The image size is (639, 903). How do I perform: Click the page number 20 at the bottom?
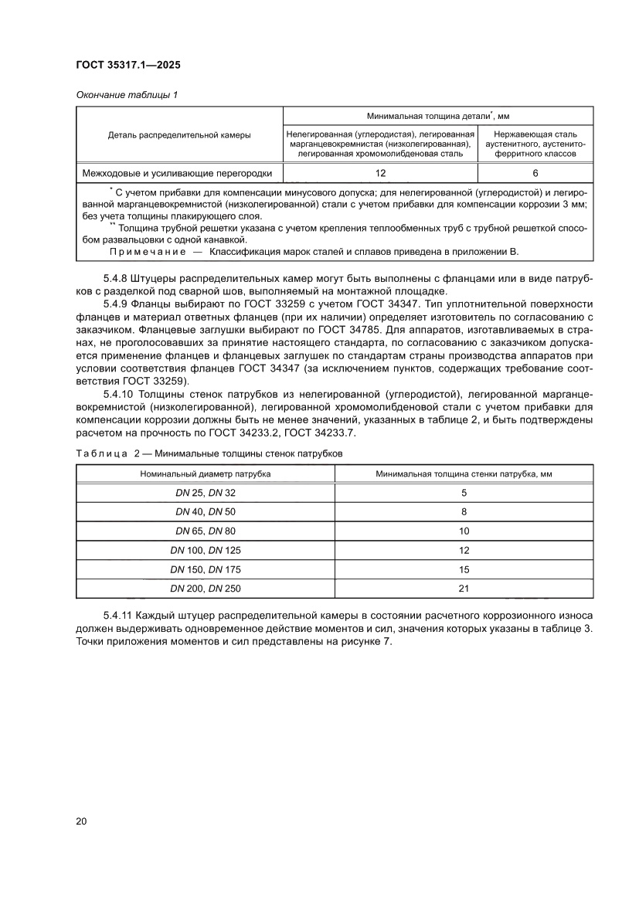pyautogui.click(x=81, y=820)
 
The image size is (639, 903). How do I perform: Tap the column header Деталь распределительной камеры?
pyautogui.click(x=179, y=134)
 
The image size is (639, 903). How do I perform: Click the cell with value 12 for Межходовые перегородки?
pyautogui.click(x=379, y=173)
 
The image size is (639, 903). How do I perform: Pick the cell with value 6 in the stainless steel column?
pyautogui.click(x=535, y=173)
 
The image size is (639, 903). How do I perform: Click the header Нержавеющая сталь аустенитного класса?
pyautogui.click(x=535, y=144)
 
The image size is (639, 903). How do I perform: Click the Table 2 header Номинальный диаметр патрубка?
pyautogui.click(x=205, y=473)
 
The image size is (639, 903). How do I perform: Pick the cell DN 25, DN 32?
pyautogui.click(x=205, y=492)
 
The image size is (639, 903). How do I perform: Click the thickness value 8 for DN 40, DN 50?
pyautogui.click(x=464, y=511)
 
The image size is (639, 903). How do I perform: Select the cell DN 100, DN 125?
pyautogui.click(x=205, y=550)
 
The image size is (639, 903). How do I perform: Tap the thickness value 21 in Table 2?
pyautogui.click(x=464, y=588)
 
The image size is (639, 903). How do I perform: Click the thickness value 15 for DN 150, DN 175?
pyautogui.click(x=464, y=569)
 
